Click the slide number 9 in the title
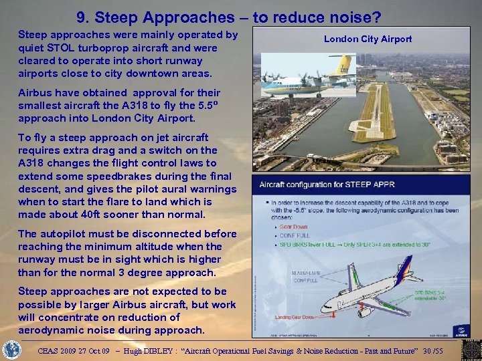[x=82, y=15]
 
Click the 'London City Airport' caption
[x=368, y=39]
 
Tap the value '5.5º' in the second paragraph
[x=209, y=105]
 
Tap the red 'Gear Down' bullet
[x=295, y=227]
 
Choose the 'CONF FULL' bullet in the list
[x=295, y=235]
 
